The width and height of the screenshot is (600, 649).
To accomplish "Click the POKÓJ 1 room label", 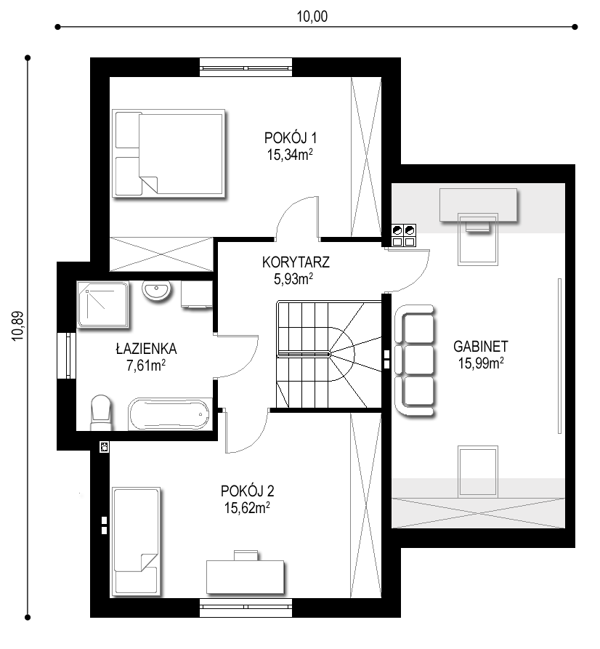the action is tap(290, 137).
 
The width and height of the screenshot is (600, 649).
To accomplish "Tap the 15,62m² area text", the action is tap(247, 507).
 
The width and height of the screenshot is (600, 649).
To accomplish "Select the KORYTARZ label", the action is tap(296, 262).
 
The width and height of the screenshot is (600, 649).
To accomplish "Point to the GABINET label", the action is tap(480, 346).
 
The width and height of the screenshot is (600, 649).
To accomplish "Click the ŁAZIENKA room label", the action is tap(146, 349).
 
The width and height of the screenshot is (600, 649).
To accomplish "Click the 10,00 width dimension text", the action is tap(312, 17).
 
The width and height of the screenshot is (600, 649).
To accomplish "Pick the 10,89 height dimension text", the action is tap(18, 326).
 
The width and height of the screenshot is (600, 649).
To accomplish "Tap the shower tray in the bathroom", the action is tap(103, 305).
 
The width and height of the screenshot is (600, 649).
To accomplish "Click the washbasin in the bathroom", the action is tap(156, 290).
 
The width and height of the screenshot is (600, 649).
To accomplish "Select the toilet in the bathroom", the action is tap(102, 413).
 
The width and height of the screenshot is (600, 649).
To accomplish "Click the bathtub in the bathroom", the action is tap(169, 414).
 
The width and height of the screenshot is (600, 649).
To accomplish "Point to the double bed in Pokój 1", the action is tap(169, 153).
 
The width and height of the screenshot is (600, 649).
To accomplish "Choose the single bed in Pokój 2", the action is tap(136, 541).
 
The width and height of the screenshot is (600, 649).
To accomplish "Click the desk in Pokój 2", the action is tap(246, 576).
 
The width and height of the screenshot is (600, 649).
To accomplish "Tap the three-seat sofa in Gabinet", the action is tap(415, 359).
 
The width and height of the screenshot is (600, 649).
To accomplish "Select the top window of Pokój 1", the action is tap(246, 68).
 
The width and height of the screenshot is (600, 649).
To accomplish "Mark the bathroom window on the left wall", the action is tap(67, 355).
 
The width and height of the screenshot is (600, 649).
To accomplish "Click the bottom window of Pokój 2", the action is tap(246, 608).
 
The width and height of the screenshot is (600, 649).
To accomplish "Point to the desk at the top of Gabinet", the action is tap(479, 205).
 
